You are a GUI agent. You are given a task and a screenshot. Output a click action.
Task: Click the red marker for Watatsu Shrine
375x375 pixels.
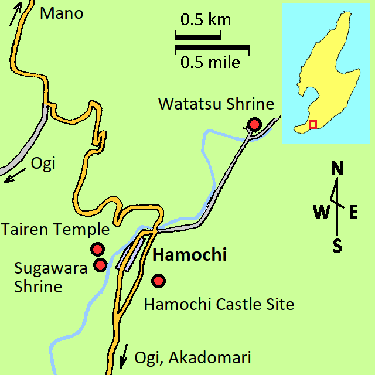pos(254,124)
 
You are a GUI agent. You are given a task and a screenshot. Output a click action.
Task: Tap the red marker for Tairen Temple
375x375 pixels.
pos(97,250)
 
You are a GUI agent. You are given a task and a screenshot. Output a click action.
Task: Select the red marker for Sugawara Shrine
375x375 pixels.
pos(100,265)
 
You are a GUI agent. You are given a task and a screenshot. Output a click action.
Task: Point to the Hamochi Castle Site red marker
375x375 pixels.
pos(158,281)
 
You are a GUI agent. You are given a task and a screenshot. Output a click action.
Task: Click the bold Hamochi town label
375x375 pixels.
pos(189,255)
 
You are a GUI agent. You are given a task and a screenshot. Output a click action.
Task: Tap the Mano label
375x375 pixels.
pos(62,13)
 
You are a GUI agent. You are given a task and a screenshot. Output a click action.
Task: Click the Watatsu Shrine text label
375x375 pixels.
pos(216,104)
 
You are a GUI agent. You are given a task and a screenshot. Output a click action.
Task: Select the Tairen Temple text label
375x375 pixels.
pos(55,229)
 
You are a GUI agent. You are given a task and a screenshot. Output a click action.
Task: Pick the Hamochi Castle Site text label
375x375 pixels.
pos(219,305)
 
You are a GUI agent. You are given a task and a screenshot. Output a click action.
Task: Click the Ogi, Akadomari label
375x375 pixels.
pos(192,357)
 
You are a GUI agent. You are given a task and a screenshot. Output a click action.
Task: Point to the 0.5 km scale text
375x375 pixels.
pos(205,21)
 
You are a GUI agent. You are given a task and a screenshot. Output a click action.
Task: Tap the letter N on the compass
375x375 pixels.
pos(337,169)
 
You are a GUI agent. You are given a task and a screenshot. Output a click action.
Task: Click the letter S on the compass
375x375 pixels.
pos(337,245)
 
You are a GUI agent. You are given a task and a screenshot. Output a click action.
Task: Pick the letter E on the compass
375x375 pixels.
pos(353,212)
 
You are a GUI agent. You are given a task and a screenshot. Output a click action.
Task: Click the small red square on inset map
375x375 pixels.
pos(313,124)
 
